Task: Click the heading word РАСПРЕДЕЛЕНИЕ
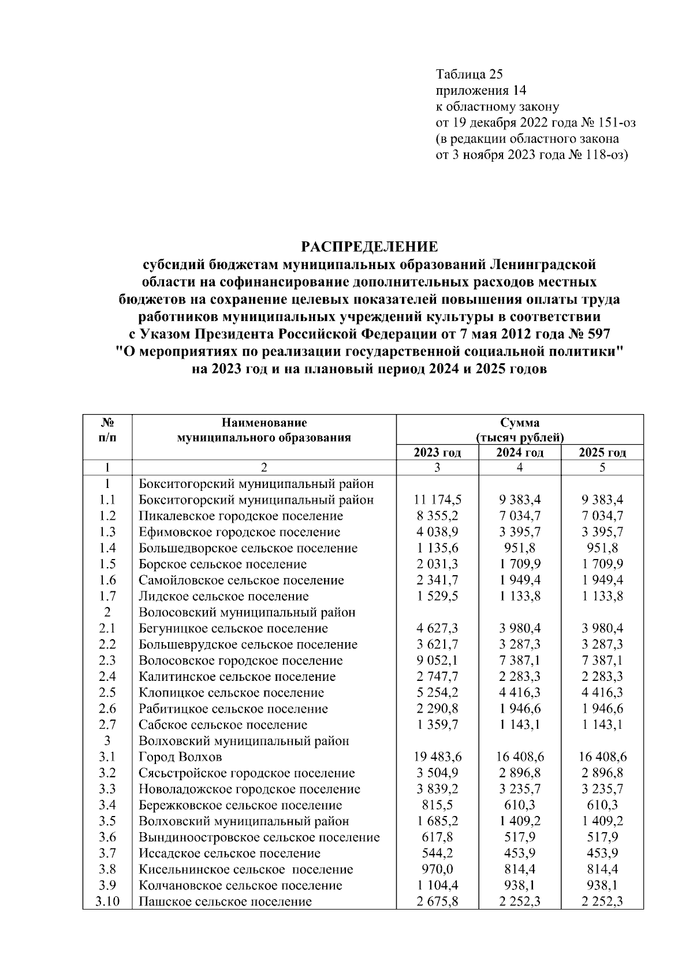click(x=370, y=247)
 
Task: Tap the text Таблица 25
click(x=470, y=74)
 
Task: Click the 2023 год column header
click(x=437, y=452)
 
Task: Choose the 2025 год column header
click(x=602, y=452)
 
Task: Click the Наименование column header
click(x=264, y=423)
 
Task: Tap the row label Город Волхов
click(x=180, y=757)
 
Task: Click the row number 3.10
click(x=107, y=901)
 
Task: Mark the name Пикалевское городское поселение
click(x=240, y=516)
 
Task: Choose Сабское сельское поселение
click(x=223, y=725)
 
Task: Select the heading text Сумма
click(x=520, y=423)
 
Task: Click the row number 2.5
click(x=107, y=692)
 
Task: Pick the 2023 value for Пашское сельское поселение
click(x=437, y=901)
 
